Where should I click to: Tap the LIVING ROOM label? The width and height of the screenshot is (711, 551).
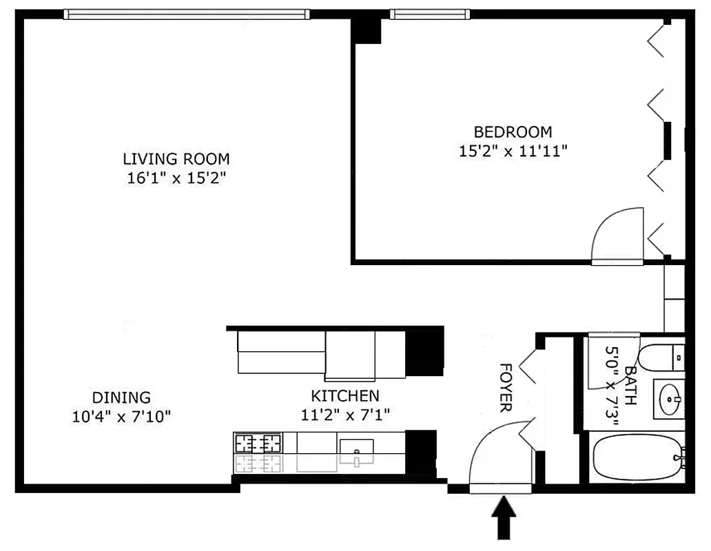(176, 158)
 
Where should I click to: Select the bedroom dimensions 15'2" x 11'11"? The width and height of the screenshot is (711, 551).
(513, 151)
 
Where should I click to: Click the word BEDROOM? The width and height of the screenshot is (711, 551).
(513, 132)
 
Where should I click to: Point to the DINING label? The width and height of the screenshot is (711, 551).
(121, 397)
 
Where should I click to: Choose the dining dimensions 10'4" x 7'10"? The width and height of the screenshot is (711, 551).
(121, 416)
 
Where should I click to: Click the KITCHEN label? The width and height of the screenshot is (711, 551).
(344, 396)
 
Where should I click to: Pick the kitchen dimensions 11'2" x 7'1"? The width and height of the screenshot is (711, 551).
(344, 415)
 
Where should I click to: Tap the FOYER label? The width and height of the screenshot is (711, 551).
(506, 387)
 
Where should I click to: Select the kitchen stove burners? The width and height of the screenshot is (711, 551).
(258, 442)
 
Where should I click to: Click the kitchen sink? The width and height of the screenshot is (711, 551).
(356, 451)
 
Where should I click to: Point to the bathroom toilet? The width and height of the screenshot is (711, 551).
(661, 357)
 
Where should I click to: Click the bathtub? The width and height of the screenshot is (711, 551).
(637, 458)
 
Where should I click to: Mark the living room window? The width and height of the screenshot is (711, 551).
(186, 14)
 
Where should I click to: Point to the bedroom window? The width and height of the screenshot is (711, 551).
(430, 14)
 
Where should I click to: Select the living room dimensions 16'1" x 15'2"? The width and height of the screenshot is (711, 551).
(176, 178)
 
